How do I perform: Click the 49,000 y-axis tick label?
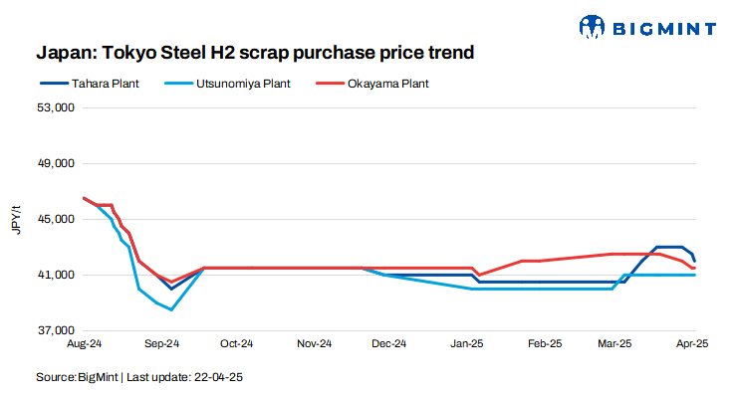click(x=56, y=163)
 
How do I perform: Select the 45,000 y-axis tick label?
click(x=56, y=219)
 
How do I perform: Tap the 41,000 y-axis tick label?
click(x=56, y=275)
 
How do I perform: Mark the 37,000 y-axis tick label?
click(x=56, y=330)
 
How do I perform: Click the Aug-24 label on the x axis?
click(x=85, y=344)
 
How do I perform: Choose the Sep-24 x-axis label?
click(x=160, y=344)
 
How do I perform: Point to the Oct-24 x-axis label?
click(x=236, y=344)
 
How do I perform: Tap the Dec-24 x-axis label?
click(x=388, y=344)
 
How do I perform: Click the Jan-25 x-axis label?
click(x=466, y=344)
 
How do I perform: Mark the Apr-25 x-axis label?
click(x=691, y=344)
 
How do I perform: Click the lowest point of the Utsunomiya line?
click(x=172, y=309)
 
